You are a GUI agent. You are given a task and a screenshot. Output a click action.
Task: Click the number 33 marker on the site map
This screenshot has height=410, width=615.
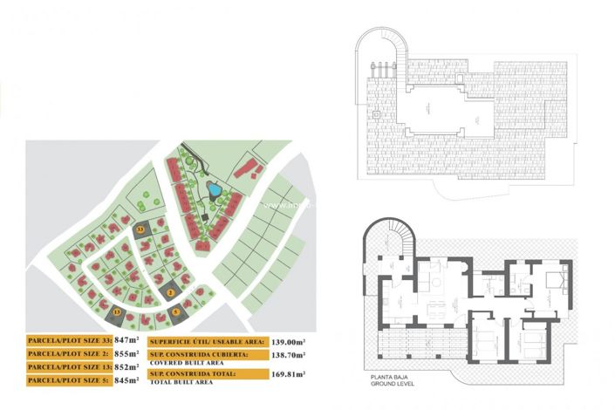[x=141, y=228]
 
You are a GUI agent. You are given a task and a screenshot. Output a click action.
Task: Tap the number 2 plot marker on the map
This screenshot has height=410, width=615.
[x=172, y=291]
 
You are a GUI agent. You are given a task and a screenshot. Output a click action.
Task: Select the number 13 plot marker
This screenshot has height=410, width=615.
[x=116, y=311]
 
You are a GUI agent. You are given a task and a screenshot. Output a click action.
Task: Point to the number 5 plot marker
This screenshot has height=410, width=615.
[x=175, y=311]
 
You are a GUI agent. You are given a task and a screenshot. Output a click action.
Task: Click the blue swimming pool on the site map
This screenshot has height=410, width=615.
[x=212, y=189]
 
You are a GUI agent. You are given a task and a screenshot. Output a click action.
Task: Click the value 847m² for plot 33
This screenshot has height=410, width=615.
[x=128, y=340]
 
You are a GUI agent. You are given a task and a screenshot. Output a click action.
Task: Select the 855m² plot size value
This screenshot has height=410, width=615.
[x=128, y=354]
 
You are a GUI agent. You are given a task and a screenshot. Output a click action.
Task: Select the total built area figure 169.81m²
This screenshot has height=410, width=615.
[x=292, y=376]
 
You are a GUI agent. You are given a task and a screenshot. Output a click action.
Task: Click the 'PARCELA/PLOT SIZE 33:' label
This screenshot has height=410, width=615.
[x=69, y=340]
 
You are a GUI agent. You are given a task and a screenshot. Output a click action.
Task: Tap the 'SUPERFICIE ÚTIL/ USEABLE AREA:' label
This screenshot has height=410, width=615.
[x=202, y=342]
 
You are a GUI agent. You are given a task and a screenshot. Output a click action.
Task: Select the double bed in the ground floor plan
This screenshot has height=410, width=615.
[x=551, y=281]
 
